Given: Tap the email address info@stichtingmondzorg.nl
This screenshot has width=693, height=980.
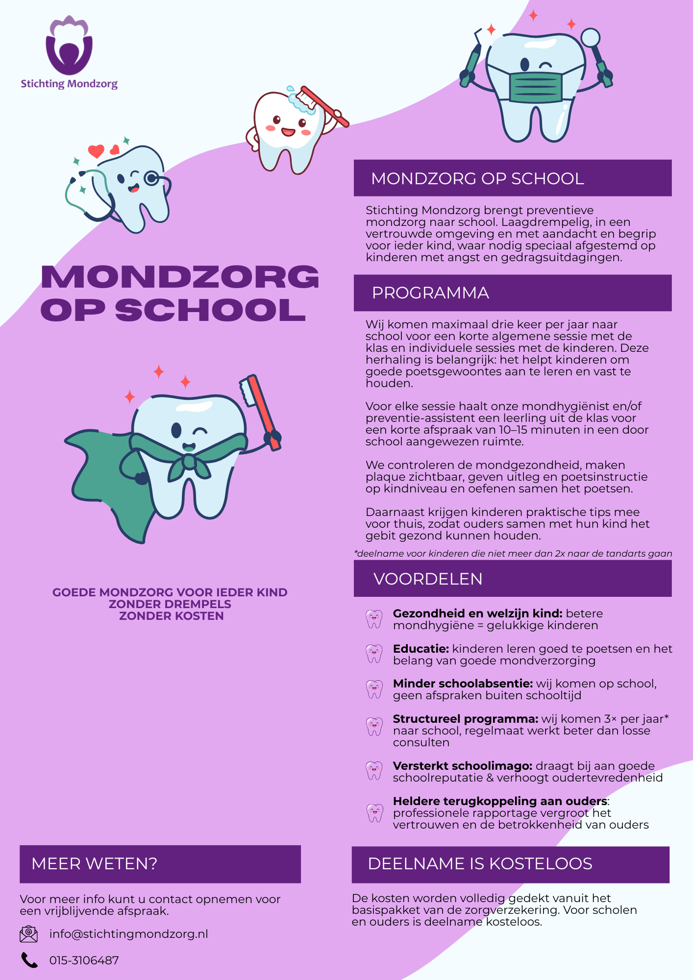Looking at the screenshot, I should (128, 934).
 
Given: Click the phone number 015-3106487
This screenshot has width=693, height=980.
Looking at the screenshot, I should (84, 960).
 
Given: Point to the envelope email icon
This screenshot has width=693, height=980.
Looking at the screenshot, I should (29, 934).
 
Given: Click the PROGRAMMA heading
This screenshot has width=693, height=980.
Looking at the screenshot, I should (430, 293).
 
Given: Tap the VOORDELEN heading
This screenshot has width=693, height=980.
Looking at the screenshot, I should (428, 579).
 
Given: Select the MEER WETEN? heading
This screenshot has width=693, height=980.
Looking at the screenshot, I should (94, 863).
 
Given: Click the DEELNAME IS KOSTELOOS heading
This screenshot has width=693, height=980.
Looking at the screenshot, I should (480, 863).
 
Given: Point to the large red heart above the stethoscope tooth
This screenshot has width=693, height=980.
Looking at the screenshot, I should (96, 151).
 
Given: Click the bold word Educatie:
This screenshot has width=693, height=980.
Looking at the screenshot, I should (421, 649).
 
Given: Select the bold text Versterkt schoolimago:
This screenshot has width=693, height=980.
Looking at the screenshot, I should (462, 766).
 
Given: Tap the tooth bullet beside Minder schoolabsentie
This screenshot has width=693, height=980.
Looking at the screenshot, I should (374, 689).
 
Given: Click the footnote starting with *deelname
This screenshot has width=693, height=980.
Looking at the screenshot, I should (513, 554).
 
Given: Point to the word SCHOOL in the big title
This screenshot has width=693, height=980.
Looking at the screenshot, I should (211, 310).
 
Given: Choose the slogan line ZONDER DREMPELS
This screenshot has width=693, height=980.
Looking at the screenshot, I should (170, 604).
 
